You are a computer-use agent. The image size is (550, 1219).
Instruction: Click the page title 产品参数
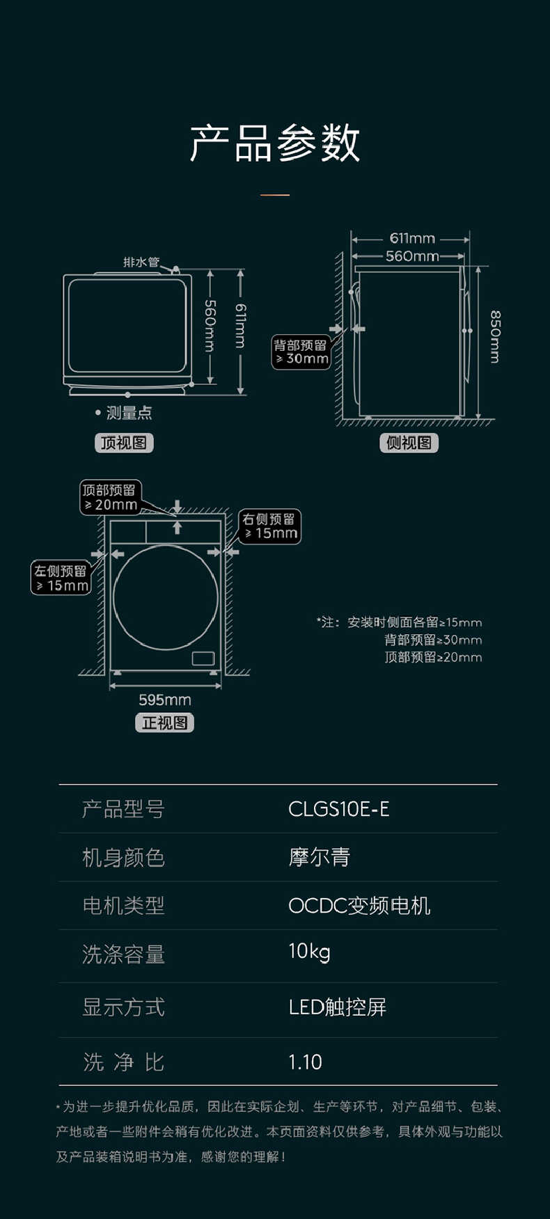point(275,143)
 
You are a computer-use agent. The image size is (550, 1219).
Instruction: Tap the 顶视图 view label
point(124,443)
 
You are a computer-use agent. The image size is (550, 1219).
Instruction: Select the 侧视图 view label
point(409,443)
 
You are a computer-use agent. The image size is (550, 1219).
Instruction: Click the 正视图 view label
point(164,723)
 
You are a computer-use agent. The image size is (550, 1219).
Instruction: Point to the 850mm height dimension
point(495,337)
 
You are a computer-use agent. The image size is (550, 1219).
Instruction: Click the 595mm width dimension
point(164,700)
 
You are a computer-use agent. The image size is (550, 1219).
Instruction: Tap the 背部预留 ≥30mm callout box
point(301,352)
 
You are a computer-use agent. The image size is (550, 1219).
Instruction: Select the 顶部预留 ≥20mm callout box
point(110,498)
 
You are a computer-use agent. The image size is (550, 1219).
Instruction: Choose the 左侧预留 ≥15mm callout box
point(61,579)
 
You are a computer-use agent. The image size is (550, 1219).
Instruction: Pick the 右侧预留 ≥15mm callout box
point(270,526)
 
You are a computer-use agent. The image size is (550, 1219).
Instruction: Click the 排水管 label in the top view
point(141,262)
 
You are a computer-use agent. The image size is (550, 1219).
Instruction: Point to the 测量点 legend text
point(128,413)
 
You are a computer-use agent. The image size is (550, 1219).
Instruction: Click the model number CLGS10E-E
point(338,809)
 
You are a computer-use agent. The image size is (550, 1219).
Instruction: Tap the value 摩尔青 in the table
point(320,857)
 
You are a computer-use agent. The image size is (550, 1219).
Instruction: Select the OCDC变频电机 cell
point(359,906)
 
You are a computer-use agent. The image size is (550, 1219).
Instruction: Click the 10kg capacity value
point(309,952)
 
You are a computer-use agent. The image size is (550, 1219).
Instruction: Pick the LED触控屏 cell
point(337,1007)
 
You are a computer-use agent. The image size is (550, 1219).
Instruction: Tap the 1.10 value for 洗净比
point(305,1062)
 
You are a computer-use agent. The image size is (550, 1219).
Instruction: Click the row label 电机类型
point(123,906)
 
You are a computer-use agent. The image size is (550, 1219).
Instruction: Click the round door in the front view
point(165,597)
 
